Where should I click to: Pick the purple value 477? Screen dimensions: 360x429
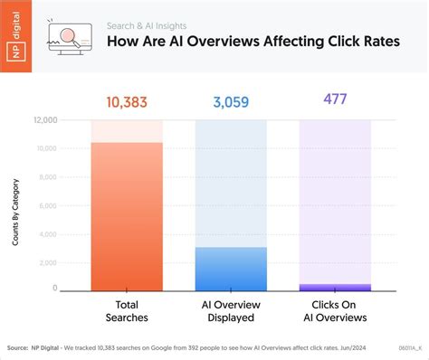335,98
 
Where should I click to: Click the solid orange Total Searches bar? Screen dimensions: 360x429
127,217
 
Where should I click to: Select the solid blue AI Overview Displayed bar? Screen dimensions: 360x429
231,269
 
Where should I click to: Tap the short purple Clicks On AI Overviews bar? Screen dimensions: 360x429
335,287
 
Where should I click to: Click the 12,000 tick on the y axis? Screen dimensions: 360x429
46,120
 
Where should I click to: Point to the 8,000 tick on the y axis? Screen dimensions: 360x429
48,176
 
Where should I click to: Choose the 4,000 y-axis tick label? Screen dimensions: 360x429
48,233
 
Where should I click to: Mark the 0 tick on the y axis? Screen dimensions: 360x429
54,289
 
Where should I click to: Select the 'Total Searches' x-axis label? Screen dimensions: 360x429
127,311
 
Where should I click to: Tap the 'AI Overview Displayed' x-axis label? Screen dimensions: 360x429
231,311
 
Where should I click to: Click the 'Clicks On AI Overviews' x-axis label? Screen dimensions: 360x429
335,311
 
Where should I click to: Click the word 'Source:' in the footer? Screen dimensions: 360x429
17,346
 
